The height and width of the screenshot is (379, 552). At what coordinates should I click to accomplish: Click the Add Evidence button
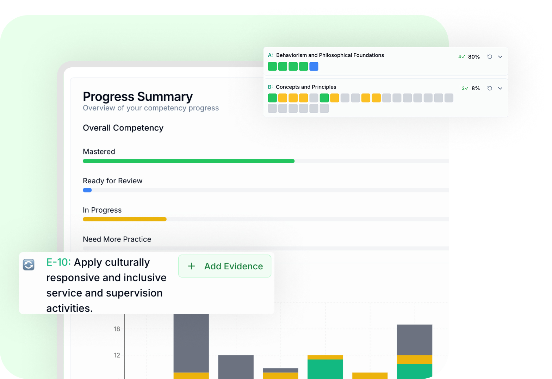225,266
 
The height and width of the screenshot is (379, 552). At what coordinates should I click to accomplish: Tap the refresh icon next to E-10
29,264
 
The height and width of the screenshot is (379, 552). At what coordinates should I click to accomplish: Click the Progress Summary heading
138,97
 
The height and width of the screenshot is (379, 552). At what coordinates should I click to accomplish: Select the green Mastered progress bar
188,161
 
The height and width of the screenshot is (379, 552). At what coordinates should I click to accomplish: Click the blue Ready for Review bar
87,190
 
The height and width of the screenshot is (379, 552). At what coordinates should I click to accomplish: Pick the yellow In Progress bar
124,219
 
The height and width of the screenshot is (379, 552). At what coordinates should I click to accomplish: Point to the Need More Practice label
117,239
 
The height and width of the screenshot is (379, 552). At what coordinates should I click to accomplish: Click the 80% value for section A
474,57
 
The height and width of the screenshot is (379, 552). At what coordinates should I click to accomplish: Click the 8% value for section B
476,88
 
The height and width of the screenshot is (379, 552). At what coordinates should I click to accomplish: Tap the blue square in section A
314,66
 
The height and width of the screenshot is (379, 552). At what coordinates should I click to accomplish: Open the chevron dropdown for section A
500,57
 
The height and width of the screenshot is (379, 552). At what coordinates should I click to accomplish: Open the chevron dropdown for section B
500,88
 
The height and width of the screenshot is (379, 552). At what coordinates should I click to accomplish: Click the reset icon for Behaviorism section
490,57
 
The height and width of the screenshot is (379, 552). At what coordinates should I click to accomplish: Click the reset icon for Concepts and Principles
490,88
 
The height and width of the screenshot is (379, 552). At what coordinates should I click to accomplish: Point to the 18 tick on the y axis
117,329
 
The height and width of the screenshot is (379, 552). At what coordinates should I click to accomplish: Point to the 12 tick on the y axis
117,355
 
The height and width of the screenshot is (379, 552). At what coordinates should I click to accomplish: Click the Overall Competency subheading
123,128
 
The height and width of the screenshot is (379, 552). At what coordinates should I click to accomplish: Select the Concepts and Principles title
306,87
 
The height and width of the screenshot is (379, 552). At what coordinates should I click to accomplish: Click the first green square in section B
272,98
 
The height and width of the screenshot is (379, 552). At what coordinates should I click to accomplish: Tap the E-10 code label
58,262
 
